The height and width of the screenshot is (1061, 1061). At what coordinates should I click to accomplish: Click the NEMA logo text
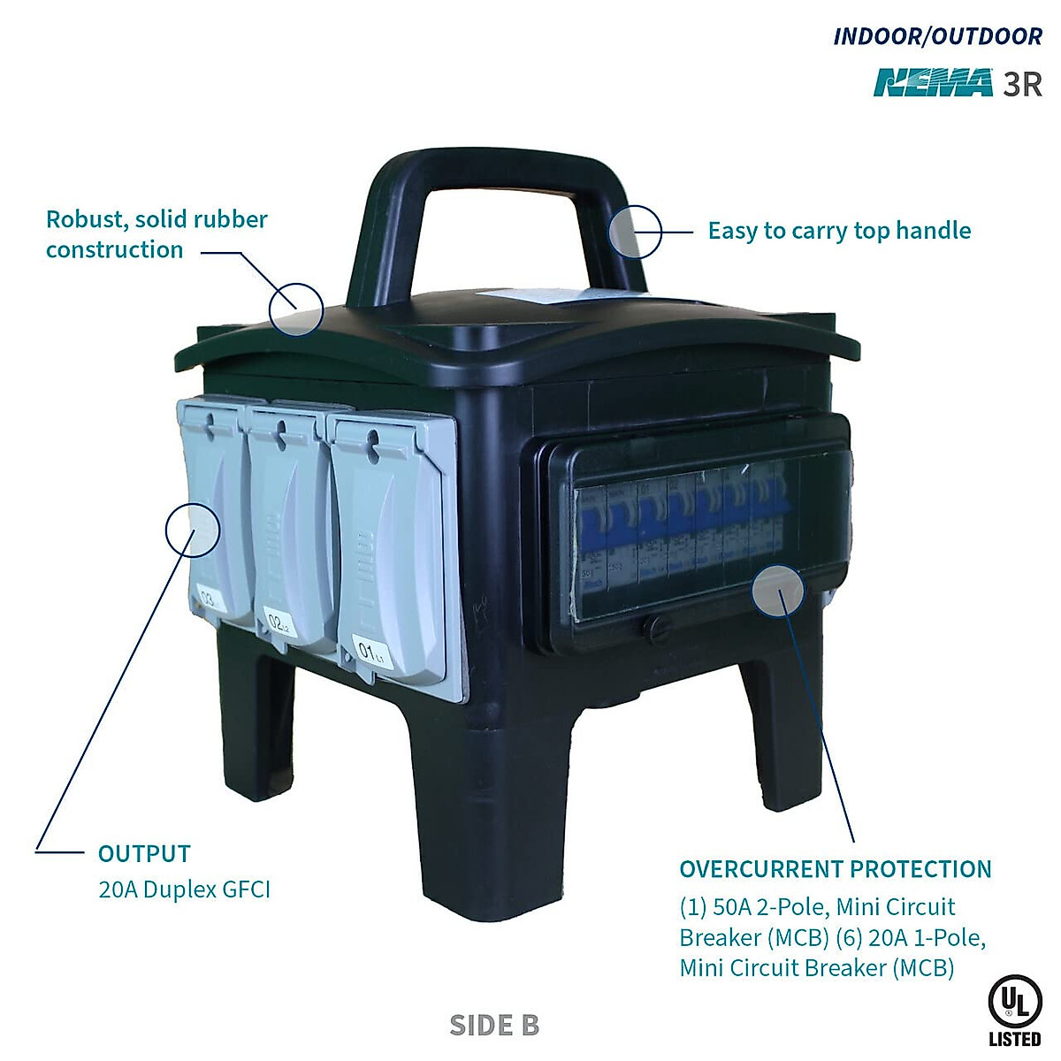(x=934, y=83)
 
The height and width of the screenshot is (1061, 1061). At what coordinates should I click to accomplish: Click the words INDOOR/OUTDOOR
(x=938, y=36)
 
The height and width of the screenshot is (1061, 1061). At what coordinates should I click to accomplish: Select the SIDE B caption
(x=494, y=1025)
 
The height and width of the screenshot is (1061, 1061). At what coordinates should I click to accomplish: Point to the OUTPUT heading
(x=144, y=854)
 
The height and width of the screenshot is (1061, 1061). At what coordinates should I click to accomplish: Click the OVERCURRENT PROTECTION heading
(x=836, y=869)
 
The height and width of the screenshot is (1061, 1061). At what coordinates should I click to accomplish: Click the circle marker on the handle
(x=635, y=232)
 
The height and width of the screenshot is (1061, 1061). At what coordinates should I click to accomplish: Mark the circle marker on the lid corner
(x=296, y=309)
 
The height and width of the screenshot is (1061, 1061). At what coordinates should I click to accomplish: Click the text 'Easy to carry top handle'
(x=839, y=231)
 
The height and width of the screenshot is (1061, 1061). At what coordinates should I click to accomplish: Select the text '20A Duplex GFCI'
(x=184, y=889)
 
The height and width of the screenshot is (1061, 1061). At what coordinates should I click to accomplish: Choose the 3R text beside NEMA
(x=1022, y=84)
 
